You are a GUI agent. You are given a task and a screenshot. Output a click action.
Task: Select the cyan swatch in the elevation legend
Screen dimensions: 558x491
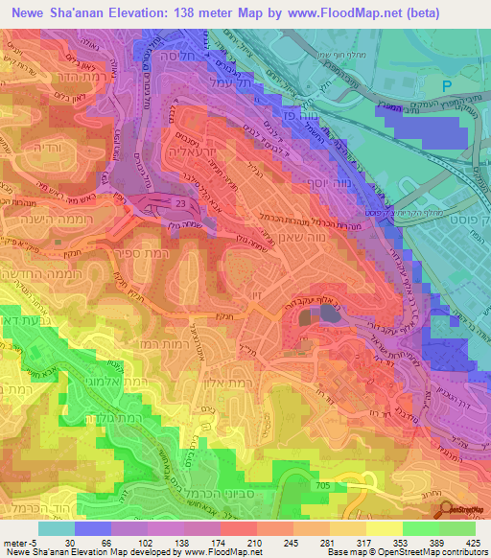point(56,528)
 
